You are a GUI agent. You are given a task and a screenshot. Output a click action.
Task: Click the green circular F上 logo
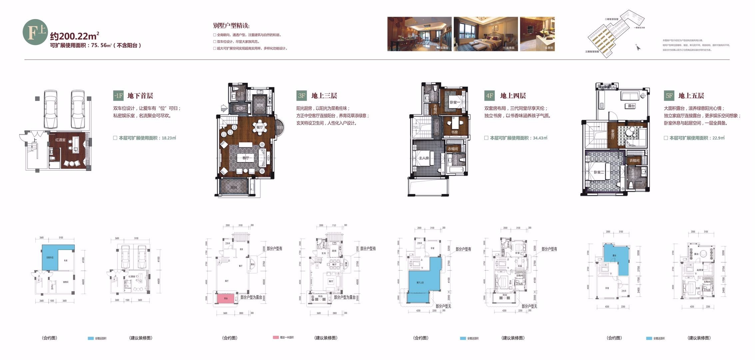(35, 32)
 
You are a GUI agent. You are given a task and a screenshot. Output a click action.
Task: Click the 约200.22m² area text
(74, 35)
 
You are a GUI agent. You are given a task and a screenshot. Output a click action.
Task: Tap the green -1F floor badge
(118, 96)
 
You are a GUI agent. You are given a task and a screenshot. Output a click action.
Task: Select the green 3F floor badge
(302, 96)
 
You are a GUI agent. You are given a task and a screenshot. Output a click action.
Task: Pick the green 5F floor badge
(669, 96)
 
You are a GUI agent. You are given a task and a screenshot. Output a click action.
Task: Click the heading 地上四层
(513, 96)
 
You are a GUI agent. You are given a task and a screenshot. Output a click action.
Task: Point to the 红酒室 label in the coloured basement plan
(60, 140)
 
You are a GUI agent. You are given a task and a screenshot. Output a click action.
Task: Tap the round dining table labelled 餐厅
(260, 127)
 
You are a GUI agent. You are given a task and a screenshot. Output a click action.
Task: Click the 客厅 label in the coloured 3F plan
(246, 158)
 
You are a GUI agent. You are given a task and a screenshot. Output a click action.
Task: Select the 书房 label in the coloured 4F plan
(454, 132)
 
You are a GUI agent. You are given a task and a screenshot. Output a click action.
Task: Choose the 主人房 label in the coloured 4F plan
(424, 158)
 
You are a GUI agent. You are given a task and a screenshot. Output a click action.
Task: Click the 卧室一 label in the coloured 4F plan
(454, 102)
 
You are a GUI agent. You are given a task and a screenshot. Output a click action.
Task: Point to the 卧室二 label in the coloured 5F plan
(599, 172)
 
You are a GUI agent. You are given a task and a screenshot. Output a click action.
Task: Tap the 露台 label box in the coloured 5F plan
(631, 106)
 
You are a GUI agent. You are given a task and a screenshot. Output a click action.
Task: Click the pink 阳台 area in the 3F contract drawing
(226, 298)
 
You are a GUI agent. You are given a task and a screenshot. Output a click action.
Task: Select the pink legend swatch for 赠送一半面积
(276, 337)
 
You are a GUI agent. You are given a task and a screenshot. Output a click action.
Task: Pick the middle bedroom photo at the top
(485, 34)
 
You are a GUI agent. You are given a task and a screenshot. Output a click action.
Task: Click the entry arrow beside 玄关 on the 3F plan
(224, 108)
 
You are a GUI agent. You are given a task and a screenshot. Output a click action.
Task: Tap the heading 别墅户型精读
(231, 26)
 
